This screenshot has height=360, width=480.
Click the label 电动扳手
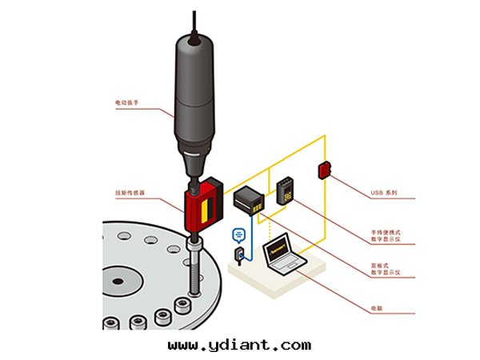(x=129, y=102)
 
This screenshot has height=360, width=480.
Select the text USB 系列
(x=384, y=193)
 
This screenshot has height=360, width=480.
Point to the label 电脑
(x=376, y=308)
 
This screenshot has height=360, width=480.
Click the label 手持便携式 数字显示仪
(x=386, y=236)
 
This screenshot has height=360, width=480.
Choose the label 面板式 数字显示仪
(x=386, y=270)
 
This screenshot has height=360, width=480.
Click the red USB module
(x=324, y=170)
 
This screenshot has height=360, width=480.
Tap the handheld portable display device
(x=286, y=192)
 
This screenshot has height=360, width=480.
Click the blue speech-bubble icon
(x=237, y=234)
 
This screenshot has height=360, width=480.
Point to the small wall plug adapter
(x=238, y=254)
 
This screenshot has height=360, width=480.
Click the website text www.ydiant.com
(x=240, y=345)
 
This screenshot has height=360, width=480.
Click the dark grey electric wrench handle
(x=194, y=88)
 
